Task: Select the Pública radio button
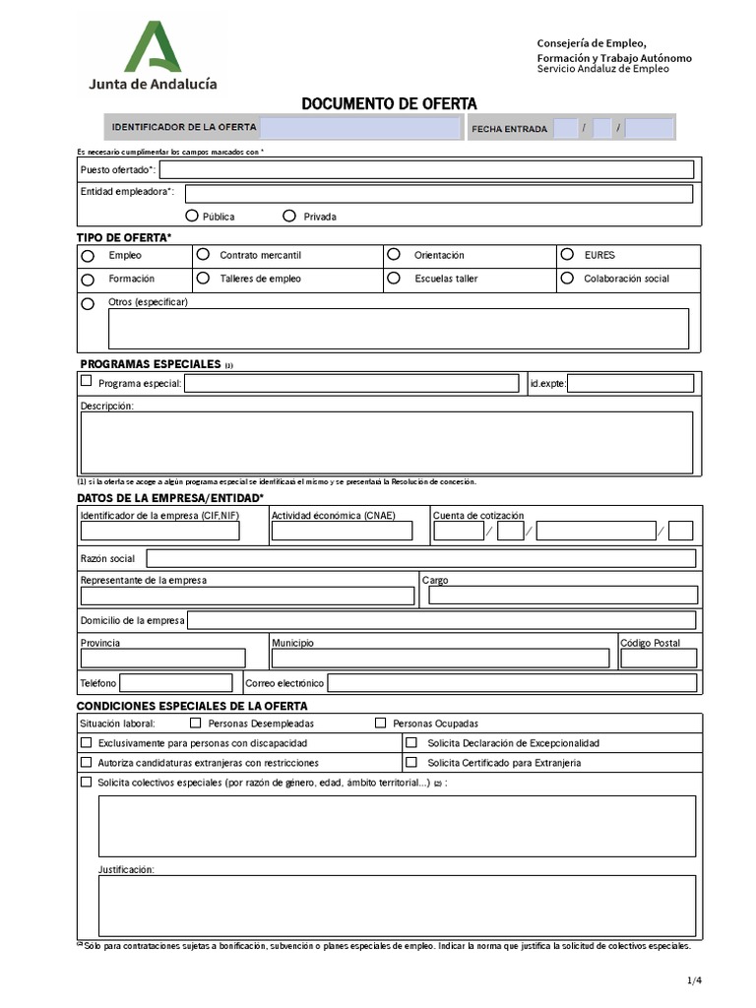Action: [x=191, y=216]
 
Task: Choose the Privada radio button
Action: [x=289, y=216]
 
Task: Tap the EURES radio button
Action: [x=567, y=254]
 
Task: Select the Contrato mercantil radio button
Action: [x=203, y=254]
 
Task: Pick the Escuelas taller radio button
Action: [x=394, y=279]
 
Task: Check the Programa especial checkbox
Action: [x=87, y=381]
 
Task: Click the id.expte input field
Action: [x=630, y=383]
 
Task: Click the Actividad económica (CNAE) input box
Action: [x=341, y=532]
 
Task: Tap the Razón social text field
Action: [x=420, y=558]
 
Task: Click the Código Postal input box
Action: [x=659, y=658]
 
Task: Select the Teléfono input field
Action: [x=175, y=682]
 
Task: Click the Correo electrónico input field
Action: [x=511, y=682]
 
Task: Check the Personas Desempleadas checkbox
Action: [x=195, y=723]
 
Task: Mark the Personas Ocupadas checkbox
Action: [x=380, y=723]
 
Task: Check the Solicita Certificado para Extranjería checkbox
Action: [x=411, y=762]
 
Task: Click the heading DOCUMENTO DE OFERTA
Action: [x=389, y=103]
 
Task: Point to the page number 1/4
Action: [x=694, y=979]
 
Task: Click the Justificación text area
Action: [x=397, y=905]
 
